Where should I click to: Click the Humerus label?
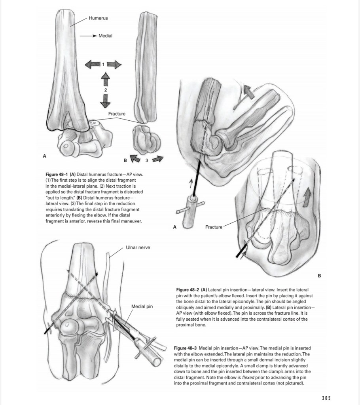pos(98,18)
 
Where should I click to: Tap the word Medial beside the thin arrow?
pos(105,36)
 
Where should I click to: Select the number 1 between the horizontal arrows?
pos(103,64)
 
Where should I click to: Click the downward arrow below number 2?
pos(105,102)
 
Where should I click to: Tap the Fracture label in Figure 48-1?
pos(117,114)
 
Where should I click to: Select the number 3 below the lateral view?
pos(146,160)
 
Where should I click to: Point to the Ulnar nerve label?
pos(138,247)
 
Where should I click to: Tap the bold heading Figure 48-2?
pos(188,290)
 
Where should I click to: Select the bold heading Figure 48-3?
pos(186,348)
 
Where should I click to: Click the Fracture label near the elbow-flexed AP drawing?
pos(214,227)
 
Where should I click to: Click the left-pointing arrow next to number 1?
pos(92,64)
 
